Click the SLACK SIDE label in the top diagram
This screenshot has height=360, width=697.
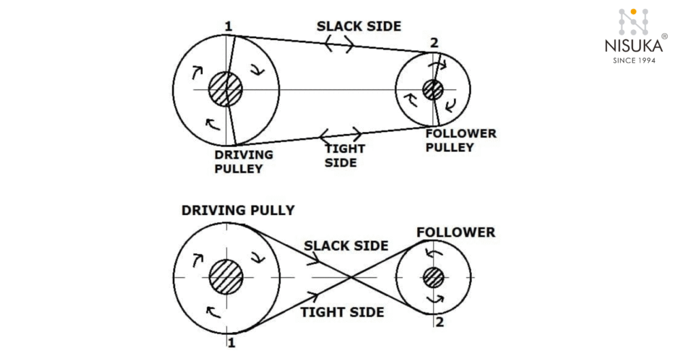click(x=359, y=27)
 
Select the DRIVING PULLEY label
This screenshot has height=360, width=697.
click(x=243, y=161)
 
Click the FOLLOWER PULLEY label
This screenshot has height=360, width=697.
click(x=461, y=140)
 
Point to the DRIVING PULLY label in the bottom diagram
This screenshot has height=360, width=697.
click(x=238, y=210)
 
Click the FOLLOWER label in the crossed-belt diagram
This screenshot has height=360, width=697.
click(x=455, y=233)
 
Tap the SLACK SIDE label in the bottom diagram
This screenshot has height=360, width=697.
click(x=346, y=246)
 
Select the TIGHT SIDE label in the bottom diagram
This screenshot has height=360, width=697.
click(x=342, y=312)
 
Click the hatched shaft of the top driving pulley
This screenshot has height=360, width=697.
click(x=225, y=89)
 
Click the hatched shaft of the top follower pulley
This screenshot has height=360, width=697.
click(x=432, y=90)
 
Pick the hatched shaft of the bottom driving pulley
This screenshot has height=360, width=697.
click(x=225, y=278)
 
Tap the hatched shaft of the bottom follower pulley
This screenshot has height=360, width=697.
click(x=433, y=278)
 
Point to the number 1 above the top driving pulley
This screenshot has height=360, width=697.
click(x=229, y=27)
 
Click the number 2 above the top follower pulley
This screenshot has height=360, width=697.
click(x=434, y=44)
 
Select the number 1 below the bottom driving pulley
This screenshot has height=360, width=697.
click(x=231, y=343)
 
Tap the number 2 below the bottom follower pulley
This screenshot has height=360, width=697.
click(x=440, y=322)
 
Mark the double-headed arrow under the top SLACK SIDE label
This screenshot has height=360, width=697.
click(x=338, y=45)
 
